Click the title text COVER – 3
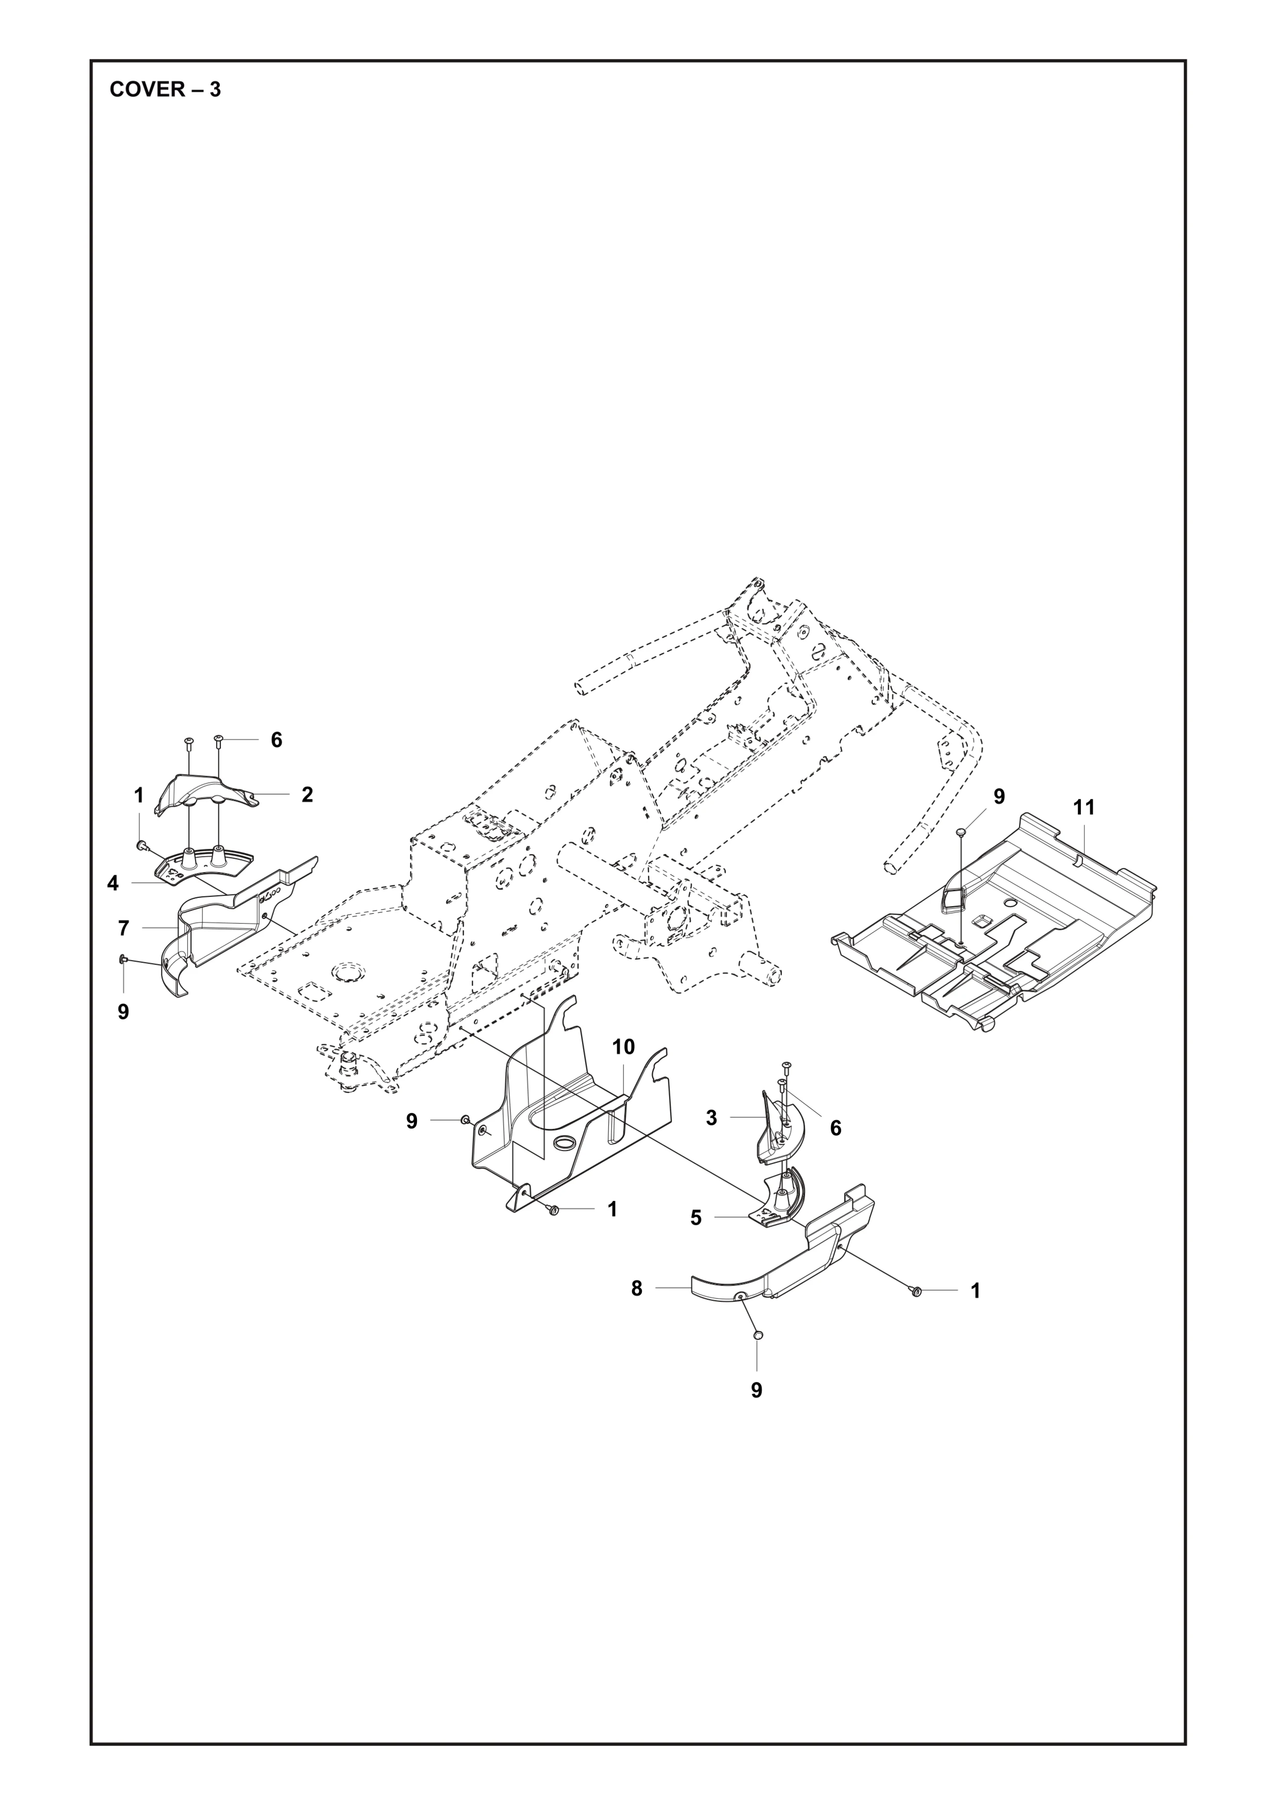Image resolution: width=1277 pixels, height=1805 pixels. click(165, 90)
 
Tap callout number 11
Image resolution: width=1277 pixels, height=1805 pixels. click(1084, 808)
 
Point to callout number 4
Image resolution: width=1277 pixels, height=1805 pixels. click(113, 883)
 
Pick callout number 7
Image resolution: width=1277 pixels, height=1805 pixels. click(123, 928)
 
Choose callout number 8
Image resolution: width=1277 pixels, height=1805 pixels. click(637, 1288)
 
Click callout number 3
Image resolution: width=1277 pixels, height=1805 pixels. click(712, 1118)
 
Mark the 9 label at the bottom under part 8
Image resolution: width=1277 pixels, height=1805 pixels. click(756, 1391)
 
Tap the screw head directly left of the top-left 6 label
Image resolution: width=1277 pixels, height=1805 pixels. click(219, 739)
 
